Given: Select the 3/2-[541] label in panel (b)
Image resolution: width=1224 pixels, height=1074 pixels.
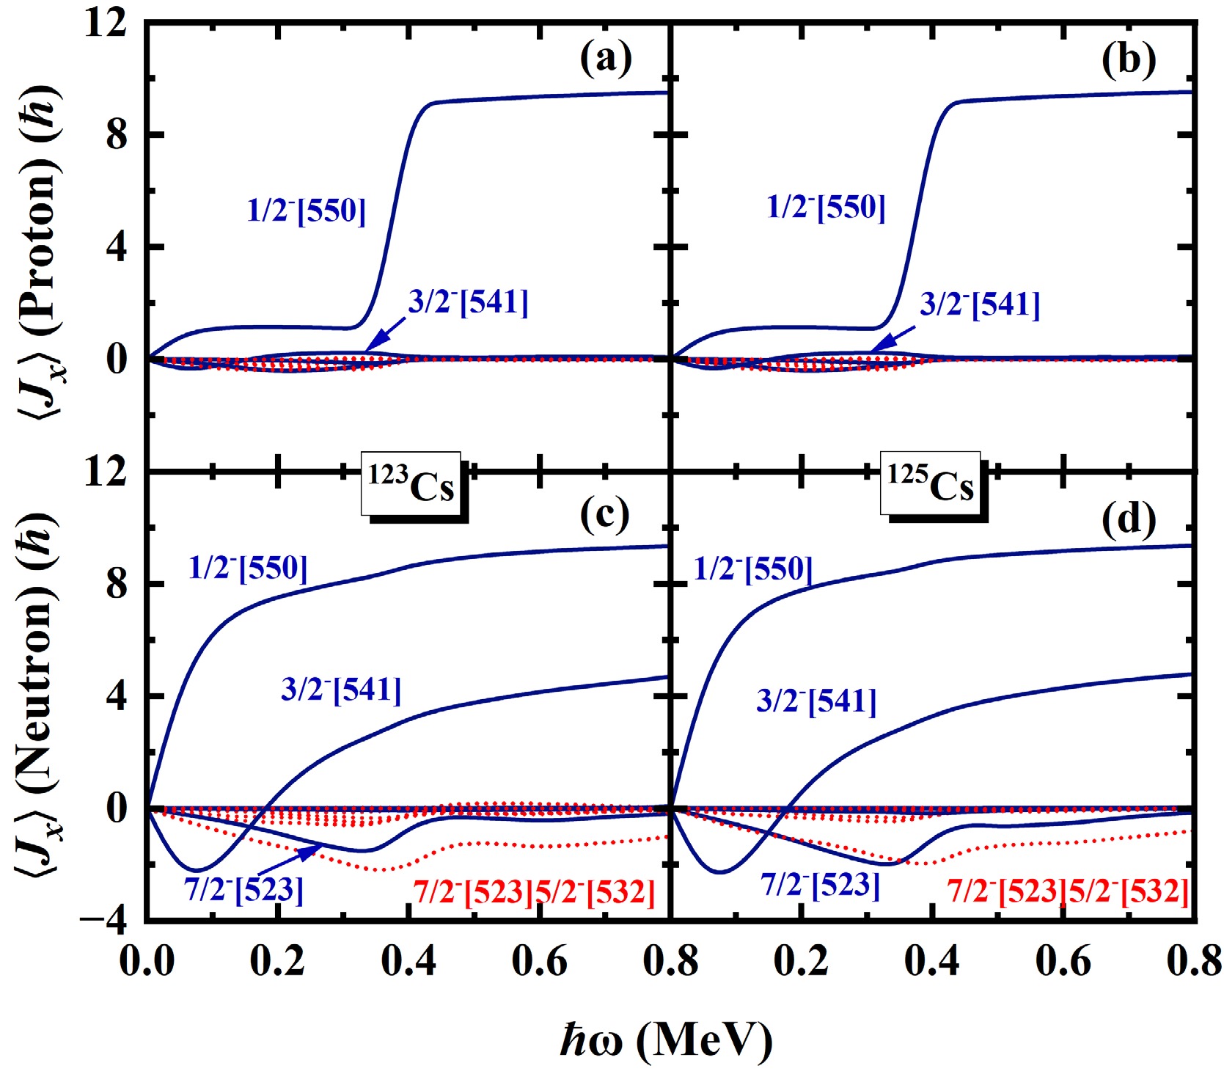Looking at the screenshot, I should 980,304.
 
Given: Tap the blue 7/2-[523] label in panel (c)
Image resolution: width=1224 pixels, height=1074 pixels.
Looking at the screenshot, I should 244,890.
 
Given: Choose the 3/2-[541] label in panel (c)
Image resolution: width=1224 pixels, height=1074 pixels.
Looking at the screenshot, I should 341,690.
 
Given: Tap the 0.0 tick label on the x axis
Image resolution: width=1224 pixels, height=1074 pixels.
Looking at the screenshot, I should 147,962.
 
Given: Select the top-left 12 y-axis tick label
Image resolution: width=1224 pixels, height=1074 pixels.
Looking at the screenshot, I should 107,23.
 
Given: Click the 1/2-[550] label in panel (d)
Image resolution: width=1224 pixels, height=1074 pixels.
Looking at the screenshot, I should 753,569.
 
